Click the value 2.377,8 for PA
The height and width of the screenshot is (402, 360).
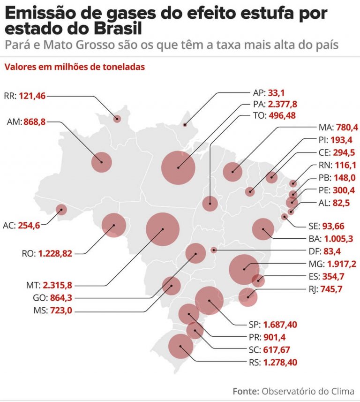[x=282, y=104]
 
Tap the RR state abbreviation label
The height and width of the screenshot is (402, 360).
[x=9, y=96]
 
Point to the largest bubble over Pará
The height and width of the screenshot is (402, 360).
[x=178, y=167]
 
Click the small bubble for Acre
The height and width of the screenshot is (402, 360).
[x=61, y=209]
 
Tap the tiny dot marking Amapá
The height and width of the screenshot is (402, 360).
[x=185, y=125]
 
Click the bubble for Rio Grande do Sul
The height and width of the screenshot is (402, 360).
[x=181, y=347]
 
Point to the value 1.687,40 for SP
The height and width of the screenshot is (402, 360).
[x=280, y=324]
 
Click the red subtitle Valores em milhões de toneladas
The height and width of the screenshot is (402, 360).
[x=75, y=67]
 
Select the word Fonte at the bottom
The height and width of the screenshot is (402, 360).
[x=246, y=391]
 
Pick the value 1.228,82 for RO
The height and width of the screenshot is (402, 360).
[x=55, y=253]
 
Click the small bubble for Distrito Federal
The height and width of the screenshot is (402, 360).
[x=214, y=250]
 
